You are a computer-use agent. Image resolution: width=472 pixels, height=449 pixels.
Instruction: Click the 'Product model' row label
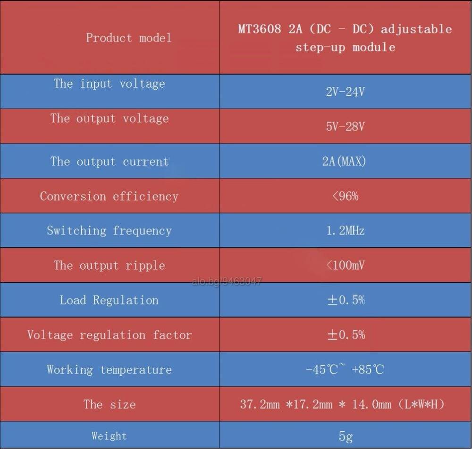point(129,38)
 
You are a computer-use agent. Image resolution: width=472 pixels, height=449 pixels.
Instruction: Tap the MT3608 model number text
point(260,29)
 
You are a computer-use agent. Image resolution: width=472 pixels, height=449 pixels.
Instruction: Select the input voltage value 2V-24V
point(345,92)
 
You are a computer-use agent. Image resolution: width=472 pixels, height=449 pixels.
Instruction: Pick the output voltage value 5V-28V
point(345,126)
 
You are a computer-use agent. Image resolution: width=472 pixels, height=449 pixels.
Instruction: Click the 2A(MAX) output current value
point(344,161)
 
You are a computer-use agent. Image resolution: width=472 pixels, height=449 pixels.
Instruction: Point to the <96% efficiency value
point(346,196)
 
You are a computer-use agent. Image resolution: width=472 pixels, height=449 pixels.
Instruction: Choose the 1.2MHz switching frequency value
point(346,231)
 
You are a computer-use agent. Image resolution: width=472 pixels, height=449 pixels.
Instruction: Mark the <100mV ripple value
point(346,265)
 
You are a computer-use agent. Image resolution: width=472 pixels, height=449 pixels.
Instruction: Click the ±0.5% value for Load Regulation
point(346,300)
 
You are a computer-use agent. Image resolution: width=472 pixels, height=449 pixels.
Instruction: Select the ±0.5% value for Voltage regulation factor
point(346,335)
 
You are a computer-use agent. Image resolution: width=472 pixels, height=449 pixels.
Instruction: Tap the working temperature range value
point(345,369)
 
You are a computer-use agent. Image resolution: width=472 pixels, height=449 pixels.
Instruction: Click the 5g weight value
point(346,436)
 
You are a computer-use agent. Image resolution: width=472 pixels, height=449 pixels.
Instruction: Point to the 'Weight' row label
point(110,436)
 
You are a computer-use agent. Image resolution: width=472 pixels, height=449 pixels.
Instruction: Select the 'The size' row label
point(110,404)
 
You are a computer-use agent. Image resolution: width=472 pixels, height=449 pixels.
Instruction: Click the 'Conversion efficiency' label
point(110,196)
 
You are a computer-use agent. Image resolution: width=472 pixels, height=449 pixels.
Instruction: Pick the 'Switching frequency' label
point(110,231)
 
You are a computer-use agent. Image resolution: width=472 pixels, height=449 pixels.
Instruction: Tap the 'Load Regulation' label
point(109,300)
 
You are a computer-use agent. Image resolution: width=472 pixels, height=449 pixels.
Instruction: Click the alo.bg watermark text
point(227,281)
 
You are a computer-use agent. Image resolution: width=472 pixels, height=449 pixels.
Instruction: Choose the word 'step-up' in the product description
point(320,48)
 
